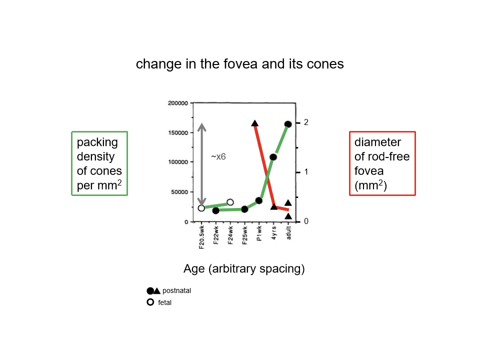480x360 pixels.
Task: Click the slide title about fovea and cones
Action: click(239, 64)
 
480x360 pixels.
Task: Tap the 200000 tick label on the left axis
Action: click(177, 103)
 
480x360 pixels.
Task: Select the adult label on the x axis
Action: click(288, 233)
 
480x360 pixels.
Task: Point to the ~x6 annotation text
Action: click(218, 157)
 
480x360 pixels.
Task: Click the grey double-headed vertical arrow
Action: click(201, 165)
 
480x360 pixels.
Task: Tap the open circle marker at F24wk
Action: click(230, 202)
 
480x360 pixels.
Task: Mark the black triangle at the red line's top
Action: click(255, 123)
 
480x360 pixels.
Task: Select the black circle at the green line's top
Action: click(288, 124)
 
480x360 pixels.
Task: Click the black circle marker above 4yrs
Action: click(273, 157)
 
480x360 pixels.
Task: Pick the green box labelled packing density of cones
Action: click(99, 163)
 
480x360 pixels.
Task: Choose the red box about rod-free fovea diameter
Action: click(382, 163)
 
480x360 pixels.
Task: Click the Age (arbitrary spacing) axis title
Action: click(244, 269)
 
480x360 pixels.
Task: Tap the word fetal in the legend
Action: click(164, 302)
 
